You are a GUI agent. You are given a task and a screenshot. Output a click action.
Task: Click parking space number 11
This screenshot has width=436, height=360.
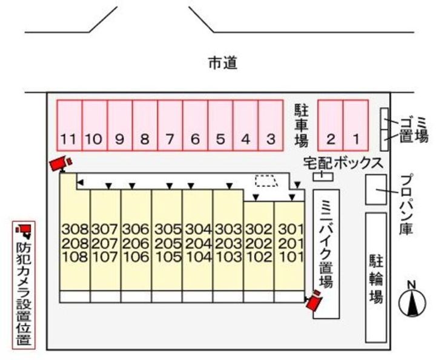tap(69, 126)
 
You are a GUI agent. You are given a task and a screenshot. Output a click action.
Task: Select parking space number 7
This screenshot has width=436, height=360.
tap(170, 126)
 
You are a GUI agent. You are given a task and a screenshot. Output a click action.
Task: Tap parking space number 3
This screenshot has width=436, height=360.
tap(270, 126)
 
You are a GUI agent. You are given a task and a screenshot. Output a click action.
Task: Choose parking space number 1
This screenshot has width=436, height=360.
tap(356, 126)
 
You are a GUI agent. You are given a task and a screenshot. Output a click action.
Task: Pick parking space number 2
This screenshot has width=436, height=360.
tap(331, 126)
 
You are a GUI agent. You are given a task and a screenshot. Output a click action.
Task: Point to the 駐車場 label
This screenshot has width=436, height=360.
tap(302, 125)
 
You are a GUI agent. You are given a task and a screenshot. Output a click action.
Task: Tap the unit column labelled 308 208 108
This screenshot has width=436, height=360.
tap(74, 243)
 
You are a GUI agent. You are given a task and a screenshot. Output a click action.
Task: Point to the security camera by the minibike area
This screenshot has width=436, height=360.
tap(314, 300)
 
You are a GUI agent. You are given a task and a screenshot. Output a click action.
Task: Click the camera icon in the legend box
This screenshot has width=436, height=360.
tap(24, 231)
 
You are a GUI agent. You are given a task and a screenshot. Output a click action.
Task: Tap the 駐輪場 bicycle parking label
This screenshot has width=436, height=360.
tap(376, 279)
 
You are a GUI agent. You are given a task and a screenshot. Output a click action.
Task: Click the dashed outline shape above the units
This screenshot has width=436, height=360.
tap(265, 180)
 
